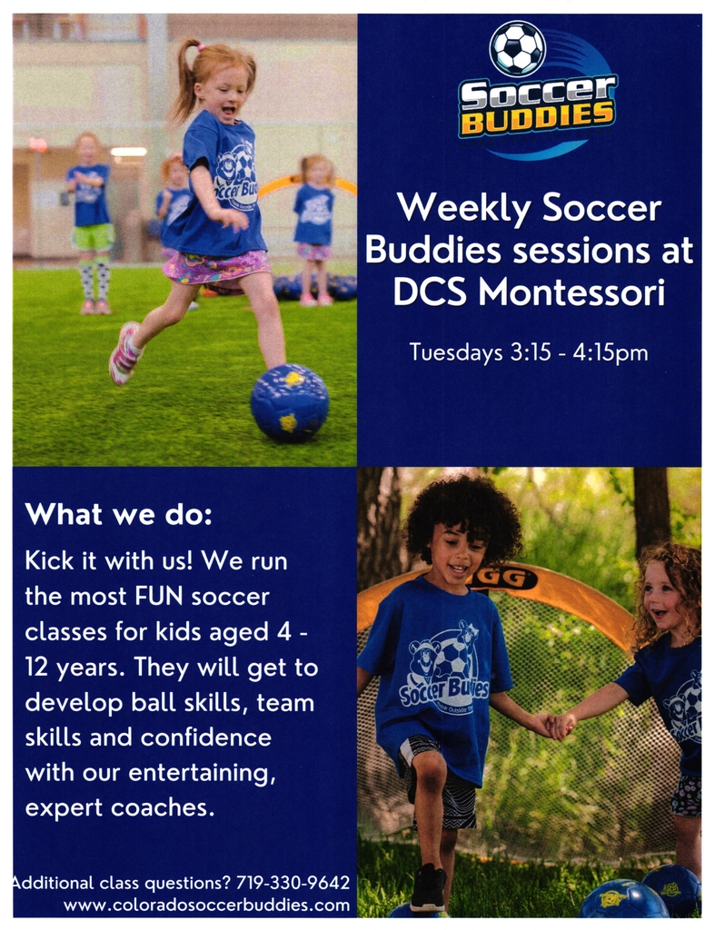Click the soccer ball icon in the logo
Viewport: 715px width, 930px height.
(518, 48)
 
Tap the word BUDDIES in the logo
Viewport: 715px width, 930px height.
(536, 117)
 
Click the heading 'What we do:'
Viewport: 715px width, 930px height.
(118, 515)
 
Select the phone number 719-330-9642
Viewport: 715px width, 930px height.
(293, 883)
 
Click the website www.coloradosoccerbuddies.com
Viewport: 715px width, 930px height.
(206, 905)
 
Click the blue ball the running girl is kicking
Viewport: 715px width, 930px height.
(289, 402)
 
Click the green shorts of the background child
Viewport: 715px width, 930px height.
(93, 238)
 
